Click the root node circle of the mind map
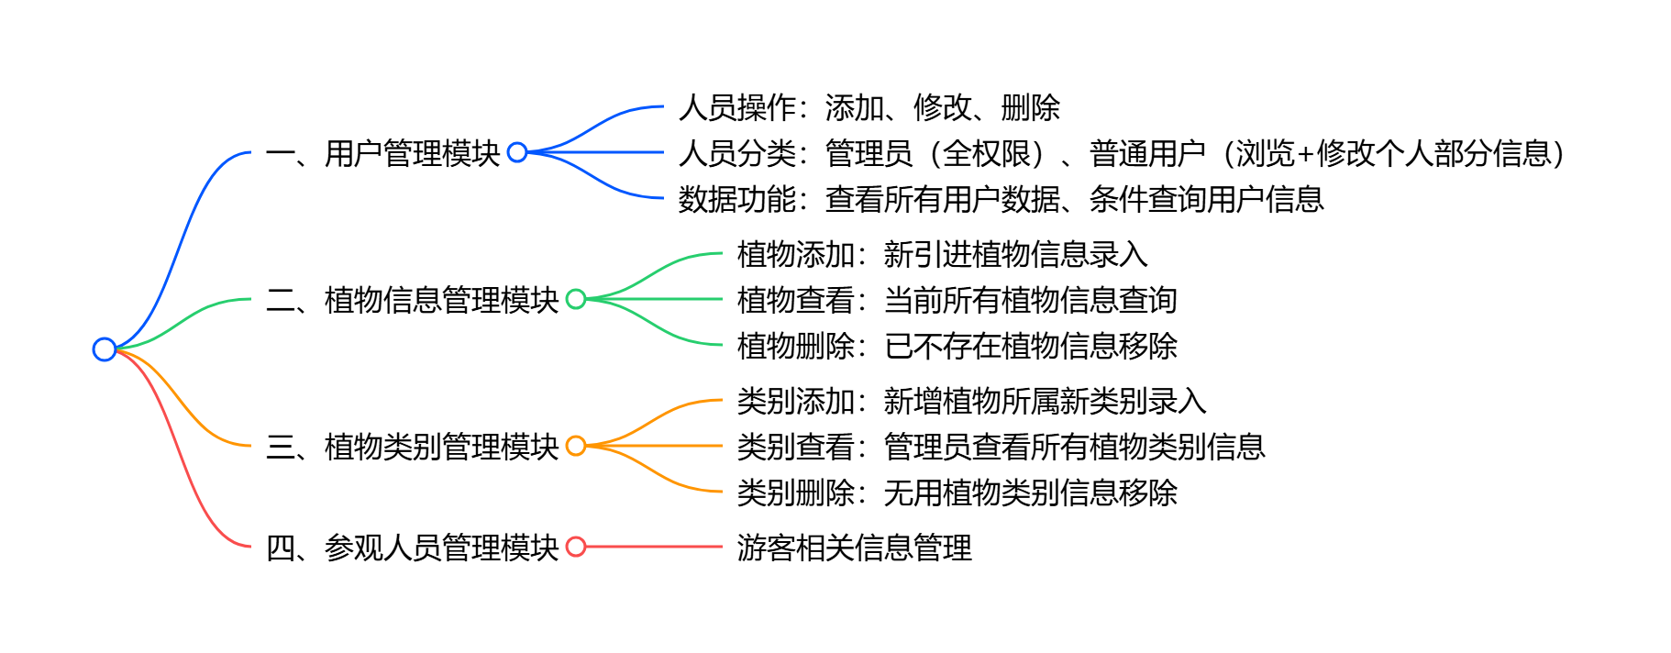(x=105, y=349)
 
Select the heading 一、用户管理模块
(x=383, y=153)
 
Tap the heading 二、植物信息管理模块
(x=413, y=300)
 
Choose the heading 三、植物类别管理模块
(x=413, y=447)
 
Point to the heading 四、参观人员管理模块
(x=413, y=548)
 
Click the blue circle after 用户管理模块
(x=517, y=152)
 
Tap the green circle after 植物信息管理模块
(x=576, y=299)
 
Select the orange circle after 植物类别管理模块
(x=576, y=446)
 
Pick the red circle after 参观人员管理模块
(x=576, y=547)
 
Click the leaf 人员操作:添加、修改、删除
(x=869, y=107)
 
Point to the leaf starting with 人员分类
(x=1121, y=153)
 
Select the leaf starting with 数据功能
(x=1001, y=199)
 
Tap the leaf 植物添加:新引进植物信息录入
(x=942, y=254)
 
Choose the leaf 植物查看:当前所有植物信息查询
(x=957, y=300)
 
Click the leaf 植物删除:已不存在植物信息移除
(x=957, y=346)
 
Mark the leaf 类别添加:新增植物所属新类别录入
(x=971, y=401)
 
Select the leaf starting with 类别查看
(x=1001, y=447)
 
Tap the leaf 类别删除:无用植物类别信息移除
(x=957, y=493)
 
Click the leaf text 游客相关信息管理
(x=854, y=548)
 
